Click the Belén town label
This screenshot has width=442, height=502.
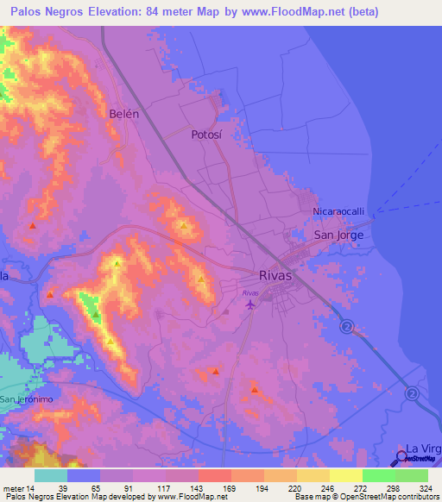pos(124,113)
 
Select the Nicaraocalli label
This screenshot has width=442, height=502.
pos(340,211)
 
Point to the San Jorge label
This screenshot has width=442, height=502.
pos(338,235)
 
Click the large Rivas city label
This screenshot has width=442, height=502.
pos(275,276)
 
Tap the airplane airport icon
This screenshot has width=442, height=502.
pos(251,304)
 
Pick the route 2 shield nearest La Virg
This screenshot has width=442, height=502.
pos(412,393)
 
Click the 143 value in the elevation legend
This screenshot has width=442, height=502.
pos(181,487)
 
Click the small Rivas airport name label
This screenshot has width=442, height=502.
pos(250,292)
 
